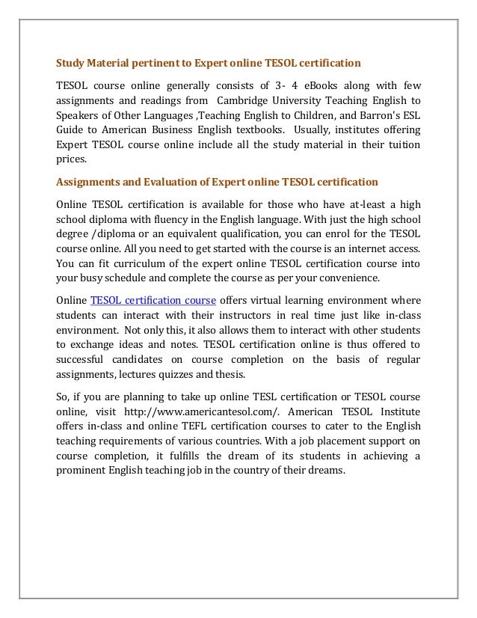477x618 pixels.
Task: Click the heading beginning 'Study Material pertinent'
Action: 209,62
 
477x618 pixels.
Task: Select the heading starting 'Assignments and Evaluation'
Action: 218,182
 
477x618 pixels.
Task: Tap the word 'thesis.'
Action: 237,375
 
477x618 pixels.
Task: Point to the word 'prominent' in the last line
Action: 87,470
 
